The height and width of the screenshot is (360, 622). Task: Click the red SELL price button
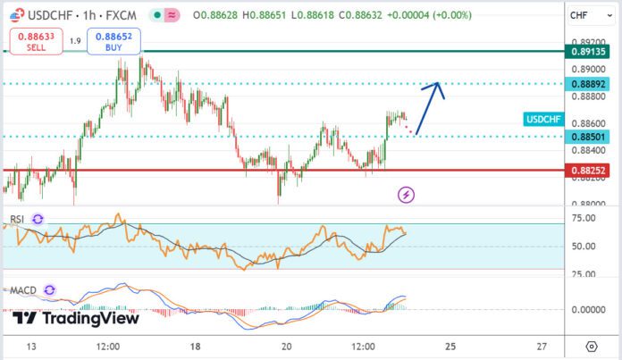pos(33,41)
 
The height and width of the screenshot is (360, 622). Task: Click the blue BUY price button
pos(112,41)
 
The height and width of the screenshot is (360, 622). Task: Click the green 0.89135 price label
pos(589,52)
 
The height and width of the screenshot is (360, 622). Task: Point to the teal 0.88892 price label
pos(589,84)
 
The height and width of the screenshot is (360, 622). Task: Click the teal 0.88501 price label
pos(589,137)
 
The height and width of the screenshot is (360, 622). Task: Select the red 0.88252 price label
pos(589,170)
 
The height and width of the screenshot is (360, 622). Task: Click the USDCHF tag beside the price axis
pos(543,119)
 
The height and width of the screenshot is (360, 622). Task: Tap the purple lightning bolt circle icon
pos(407,193)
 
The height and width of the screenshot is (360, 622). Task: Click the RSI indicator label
pos(17,219)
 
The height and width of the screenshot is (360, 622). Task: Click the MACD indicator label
pos(22,290)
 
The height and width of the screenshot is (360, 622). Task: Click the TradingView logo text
pos(76,318)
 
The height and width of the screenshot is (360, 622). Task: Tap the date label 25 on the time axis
pos(450,346)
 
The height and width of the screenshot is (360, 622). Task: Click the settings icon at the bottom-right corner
pos(592,346)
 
